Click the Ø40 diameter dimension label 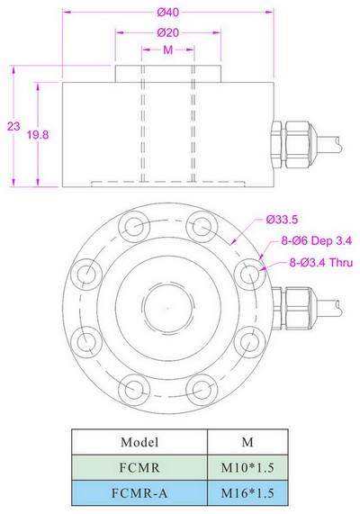[168, 11]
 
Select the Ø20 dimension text [167, 33]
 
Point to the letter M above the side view [167, 52]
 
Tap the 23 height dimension [12, 128]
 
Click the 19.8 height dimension [38, 133]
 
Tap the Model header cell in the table [139, 443]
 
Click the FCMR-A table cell [139, 493]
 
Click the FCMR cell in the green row [139, 468]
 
